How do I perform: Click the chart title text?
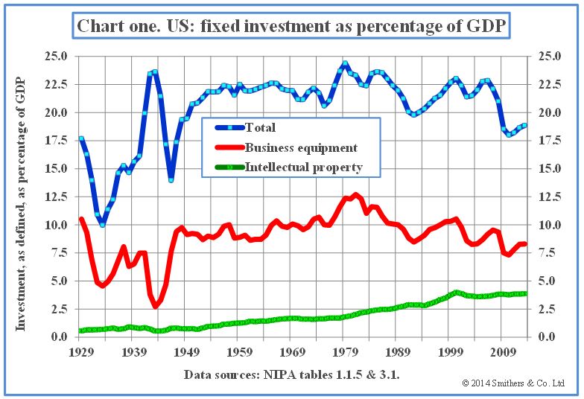pyautogui.click(x=291, y=28)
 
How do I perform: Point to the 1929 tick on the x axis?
pyautogui.click(x=81, y=351)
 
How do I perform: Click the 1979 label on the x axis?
pyautogui.click(x=344, y=351)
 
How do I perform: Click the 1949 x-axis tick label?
pyautogui.click(x=186, y=351)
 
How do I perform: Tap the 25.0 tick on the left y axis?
pyautogui.click(x=57, y=57)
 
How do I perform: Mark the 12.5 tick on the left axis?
pyautogui.click(x=57, y=197)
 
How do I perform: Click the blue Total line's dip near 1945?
pyautogui.click(x=171, y=180)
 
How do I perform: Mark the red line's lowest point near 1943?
pyautogui.click(x=156, y=306)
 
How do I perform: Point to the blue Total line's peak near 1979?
pyautogui.click(x=345, y=64)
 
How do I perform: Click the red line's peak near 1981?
pyautogui.click(x=356, y=195)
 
